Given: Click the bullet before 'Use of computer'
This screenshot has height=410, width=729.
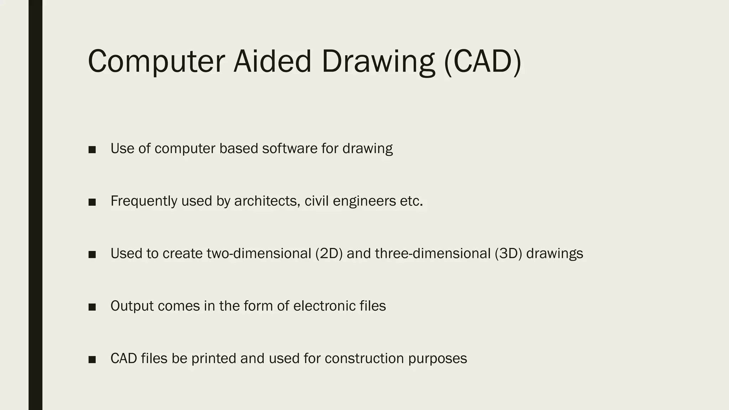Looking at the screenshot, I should tap(92, 150).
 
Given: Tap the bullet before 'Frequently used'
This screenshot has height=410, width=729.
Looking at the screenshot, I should tap(92, 202).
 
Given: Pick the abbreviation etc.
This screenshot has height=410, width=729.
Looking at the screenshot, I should tap(411, 201).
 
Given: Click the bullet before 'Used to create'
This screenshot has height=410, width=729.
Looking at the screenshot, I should tap(92, 254).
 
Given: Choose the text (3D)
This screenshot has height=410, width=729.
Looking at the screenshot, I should tap(508, 253).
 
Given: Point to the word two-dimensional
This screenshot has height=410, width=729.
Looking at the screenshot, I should tap(259, 253).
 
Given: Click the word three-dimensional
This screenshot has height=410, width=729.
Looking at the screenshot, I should tap(432, 253).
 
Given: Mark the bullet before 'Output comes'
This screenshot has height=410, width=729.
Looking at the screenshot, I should tap(92, 307).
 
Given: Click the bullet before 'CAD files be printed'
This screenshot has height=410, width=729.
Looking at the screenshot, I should tap(92, 359).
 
